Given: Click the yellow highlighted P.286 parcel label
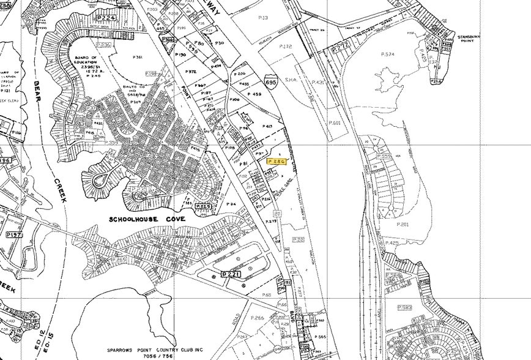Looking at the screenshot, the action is pyautogui.click(x=278, y=160).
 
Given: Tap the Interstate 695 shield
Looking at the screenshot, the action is pyautogui.click(x=270, y=81).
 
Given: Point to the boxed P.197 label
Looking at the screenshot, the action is pyautogui.click(x=13, y=235).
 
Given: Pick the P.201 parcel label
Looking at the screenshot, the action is pyautogui.click(x=402, y=225).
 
